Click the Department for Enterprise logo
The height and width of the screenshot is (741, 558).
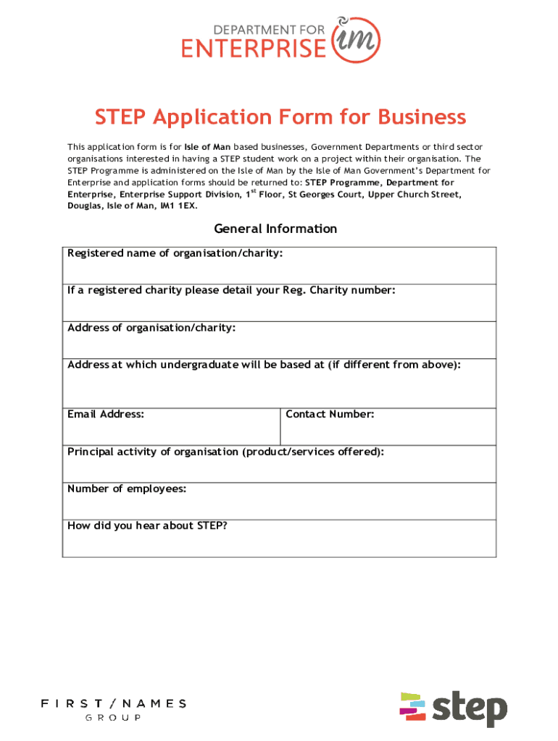pos(278,41)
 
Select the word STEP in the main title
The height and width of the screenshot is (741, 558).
pos(120,117)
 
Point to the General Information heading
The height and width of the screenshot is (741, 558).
pos(275,229)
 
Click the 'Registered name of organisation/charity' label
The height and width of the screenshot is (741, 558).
pos(175,253)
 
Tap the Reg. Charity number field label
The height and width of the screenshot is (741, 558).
pos(231,290)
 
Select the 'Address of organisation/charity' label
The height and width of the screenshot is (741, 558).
pos(151,328)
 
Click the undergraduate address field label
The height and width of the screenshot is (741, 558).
pos(264,365)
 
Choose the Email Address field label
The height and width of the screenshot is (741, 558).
pos(106,415)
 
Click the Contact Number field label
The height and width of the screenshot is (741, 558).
pos(330,415)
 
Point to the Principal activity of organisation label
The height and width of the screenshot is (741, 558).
pos(225,452)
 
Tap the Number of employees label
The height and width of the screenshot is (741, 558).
pos(127,489)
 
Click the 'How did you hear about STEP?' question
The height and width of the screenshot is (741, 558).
pos(147,526)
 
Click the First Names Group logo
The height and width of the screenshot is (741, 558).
pos(113,708)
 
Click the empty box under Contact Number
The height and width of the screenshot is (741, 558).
pos(388,432)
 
